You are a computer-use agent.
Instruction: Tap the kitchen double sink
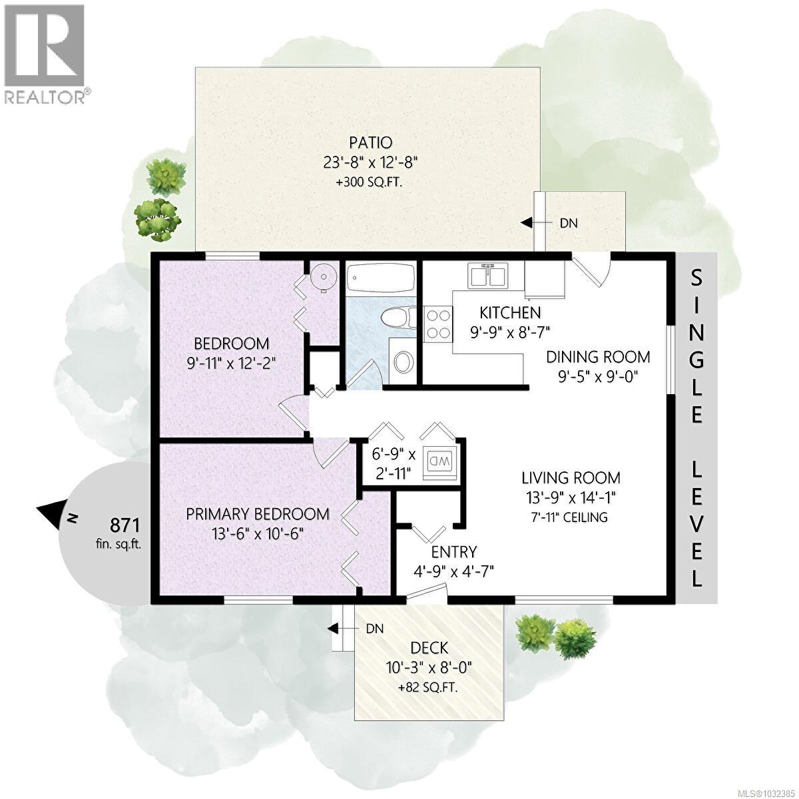(x=488, y=276)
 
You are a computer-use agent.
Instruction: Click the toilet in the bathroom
(x=400, y=317)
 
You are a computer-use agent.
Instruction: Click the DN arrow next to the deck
(x=336, y=628)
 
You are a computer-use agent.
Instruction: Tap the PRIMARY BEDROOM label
(x=257, y=514)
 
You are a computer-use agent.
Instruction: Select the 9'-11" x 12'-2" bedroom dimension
(x=231, y=364)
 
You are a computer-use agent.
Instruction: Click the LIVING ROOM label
(x=571, y=477)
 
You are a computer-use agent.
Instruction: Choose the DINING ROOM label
(x=598, y=356)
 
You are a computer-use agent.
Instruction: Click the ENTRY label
(x=453, y=551)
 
